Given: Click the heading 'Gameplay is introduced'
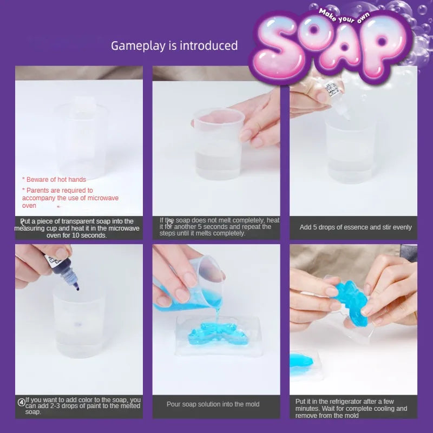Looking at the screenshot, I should [174, 45].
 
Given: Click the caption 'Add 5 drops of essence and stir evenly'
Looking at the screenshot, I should [356, 227].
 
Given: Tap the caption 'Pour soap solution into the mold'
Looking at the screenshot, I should [213, 404].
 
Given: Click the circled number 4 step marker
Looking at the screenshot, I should [21, 402].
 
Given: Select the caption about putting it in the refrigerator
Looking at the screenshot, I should [351, 408].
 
